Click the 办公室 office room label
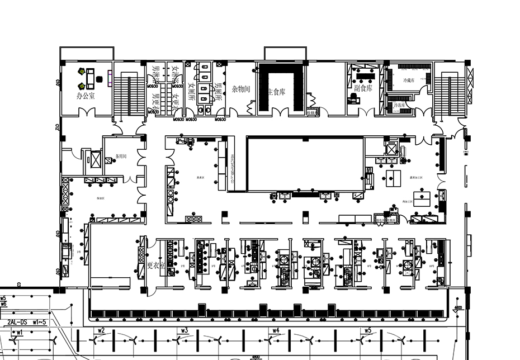pyautogui.click(x=86, y=96)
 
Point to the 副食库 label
pyautogui.click(x=363, y=88)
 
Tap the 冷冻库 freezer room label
pyautogui.click(x=399, y=105)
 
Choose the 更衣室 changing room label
pyautogui.click(x=157, y=266)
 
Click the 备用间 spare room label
pyautogui.click(x=121, y=156)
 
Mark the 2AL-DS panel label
pyautogui.click(x=21, y=322)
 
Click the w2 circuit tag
pyautogui.click(x=101, y=330)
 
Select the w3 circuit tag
pyautogui.click(x=184, y=330)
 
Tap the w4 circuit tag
pyautogui.click(x=276, y=330)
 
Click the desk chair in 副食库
pyautogui.click(x=353, y=99)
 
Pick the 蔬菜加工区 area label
pyautogui.click(x=417, y=177)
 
